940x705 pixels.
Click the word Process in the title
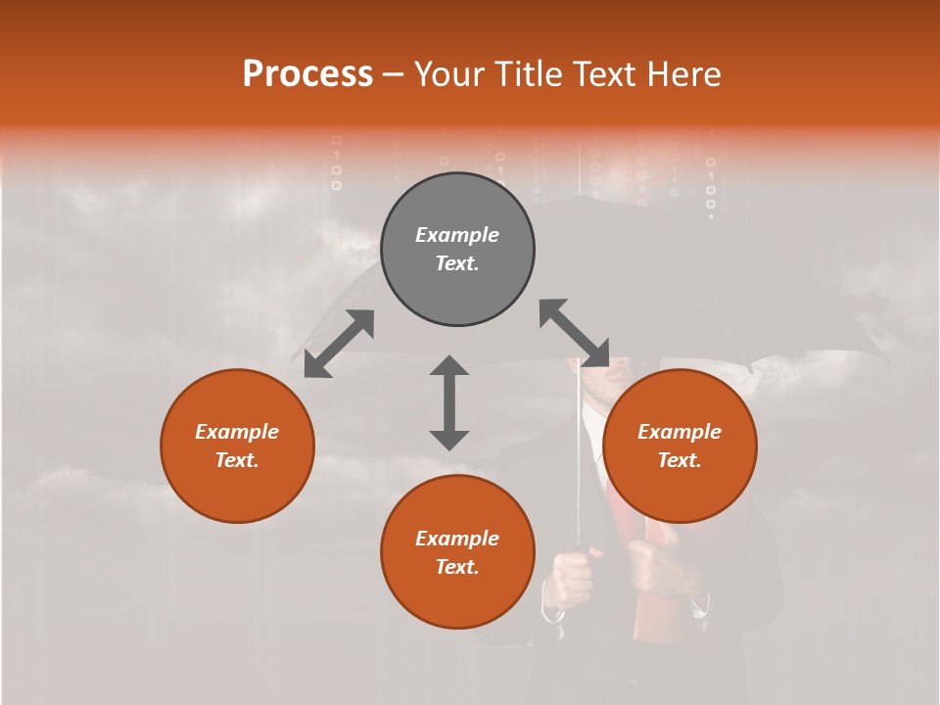tap(307, 74)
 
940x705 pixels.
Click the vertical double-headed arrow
tap(449, 402)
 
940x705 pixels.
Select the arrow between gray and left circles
tap(339, 344)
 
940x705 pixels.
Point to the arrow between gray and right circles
tap(574, 333)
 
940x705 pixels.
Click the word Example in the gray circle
tap(457, 235)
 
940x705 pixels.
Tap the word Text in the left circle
tap(237, 460)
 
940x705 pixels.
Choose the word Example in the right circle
tap(680, 432)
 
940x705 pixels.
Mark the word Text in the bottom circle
tap(457, 567)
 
